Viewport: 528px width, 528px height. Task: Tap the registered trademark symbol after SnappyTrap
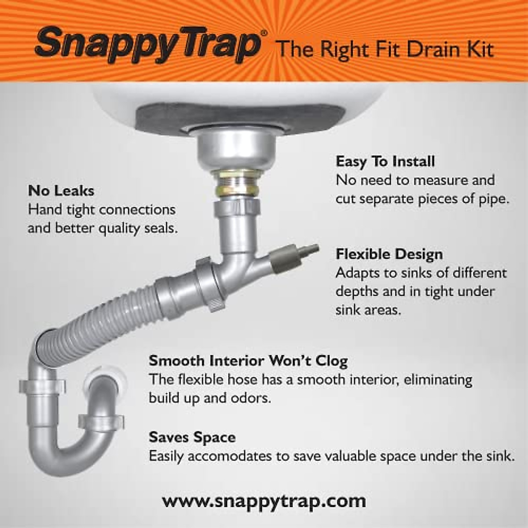pos(264,33)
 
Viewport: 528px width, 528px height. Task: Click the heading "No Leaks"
pos(61,191)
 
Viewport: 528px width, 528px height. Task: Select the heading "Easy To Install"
pos(385,161)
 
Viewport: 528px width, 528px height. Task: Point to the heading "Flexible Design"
pos(389,254)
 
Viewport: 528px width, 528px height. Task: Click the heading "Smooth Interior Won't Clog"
pos(248,361)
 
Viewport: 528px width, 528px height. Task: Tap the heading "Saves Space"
pos(192,437)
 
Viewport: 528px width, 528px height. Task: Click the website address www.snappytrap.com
pos(264,501)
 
